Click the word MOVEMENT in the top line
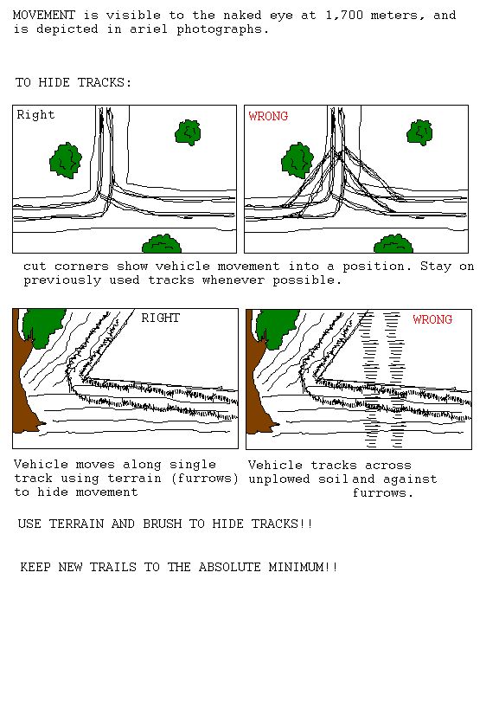pos(44,16)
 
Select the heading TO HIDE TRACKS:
pos(74,83)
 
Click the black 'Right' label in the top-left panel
pos(35,115)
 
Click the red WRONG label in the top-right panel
pos(268,116)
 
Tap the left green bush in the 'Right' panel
pos(66,160)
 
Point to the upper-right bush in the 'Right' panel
pos(188,132)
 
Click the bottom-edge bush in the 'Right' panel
pos(162,244)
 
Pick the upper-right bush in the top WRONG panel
pos(420,132)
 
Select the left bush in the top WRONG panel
pos(297,160)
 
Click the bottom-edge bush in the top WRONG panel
pos(393,244)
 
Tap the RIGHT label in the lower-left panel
pos(160,318)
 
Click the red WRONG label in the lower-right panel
pos(432,319)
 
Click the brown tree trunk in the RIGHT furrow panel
pos(24,384)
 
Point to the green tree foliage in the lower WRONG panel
pos(277,327)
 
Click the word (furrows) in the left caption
pos(205,479)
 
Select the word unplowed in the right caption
pos(279,479)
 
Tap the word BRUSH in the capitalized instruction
pos(161,524)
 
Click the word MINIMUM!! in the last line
pos(304,568)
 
